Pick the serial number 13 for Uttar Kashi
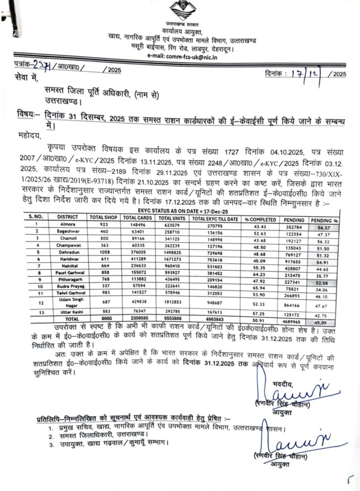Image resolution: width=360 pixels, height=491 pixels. [x=32, y=312]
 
